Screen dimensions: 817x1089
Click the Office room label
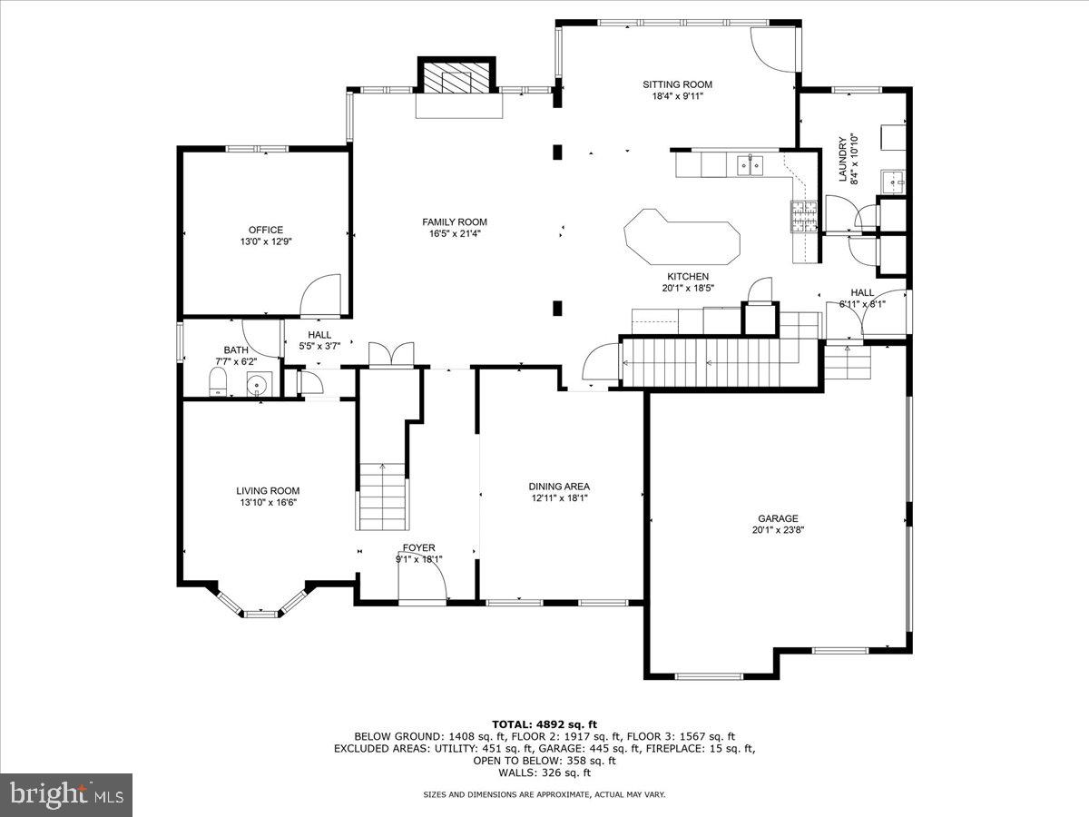coord(266,230)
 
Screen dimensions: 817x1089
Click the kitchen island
coord(682,238)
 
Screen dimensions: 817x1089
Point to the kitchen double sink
coord(750,164)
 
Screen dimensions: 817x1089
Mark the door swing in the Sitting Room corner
coord(771,50)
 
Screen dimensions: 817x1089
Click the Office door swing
coord(321,297)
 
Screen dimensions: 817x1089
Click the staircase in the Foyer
coord(381,497)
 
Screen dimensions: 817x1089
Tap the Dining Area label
coord(559,486)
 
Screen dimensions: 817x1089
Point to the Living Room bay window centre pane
coord(260,614)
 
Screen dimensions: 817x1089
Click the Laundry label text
coord(843,159)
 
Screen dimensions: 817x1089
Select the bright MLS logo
coord(66,795)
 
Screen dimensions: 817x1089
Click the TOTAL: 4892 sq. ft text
coord(544,723)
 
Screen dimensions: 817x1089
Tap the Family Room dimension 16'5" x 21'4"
coord(455,233)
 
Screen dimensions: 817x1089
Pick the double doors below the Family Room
coord(391,354)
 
